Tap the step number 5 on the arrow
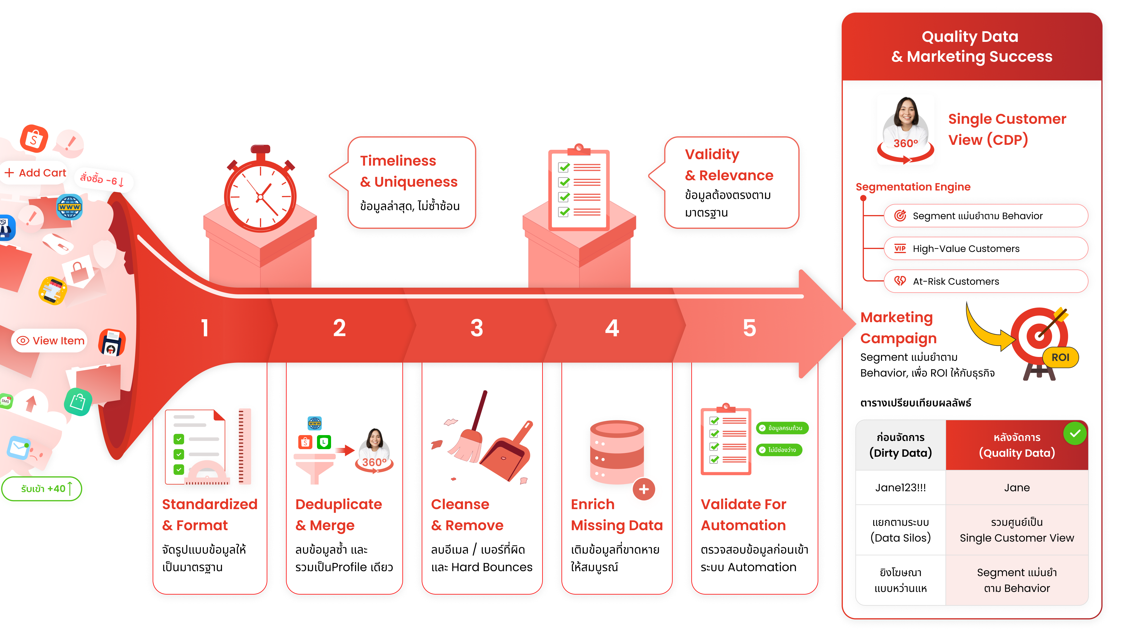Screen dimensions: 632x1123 [749, 328]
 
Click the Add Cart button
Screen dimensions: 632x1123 [36, 173]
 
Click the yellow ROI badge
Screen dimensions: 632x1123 [1060, 357]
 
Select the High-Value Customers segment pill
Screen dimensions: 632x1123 [985, 249]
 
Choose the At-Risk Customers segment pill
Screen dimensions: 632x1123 [985, 281]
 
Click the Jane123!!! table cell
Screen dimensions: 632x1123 [900, 488]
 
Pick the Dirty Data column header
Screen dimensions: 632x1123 [900, 445]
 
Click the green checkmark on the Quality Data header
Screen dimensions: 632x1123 [1075, 434]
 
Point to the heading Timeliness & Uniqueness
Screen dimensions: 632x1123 [409, 171]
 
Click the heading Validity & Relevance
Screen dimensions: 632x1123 [729, 165]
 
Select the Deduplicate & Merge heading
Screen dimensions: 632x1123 [338, 515]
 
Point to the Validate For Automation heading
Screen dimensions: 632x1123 [743, 515]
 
